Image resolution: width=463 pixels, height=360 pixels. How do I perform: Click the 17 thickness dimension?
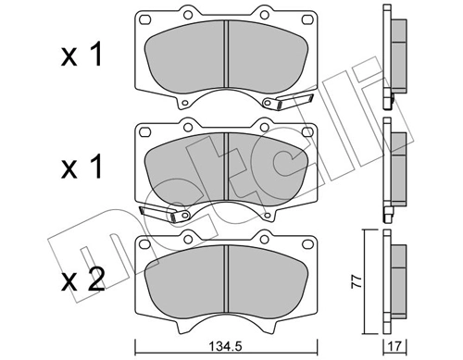397,348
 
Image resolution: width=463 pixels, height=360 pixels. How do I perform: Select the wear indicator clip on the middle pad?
158,215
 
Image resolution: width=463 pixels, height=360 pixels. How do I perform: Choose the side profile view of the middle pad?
395,167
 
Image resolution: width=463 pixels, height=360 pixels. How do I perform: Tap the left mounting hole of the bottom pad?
146,245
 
